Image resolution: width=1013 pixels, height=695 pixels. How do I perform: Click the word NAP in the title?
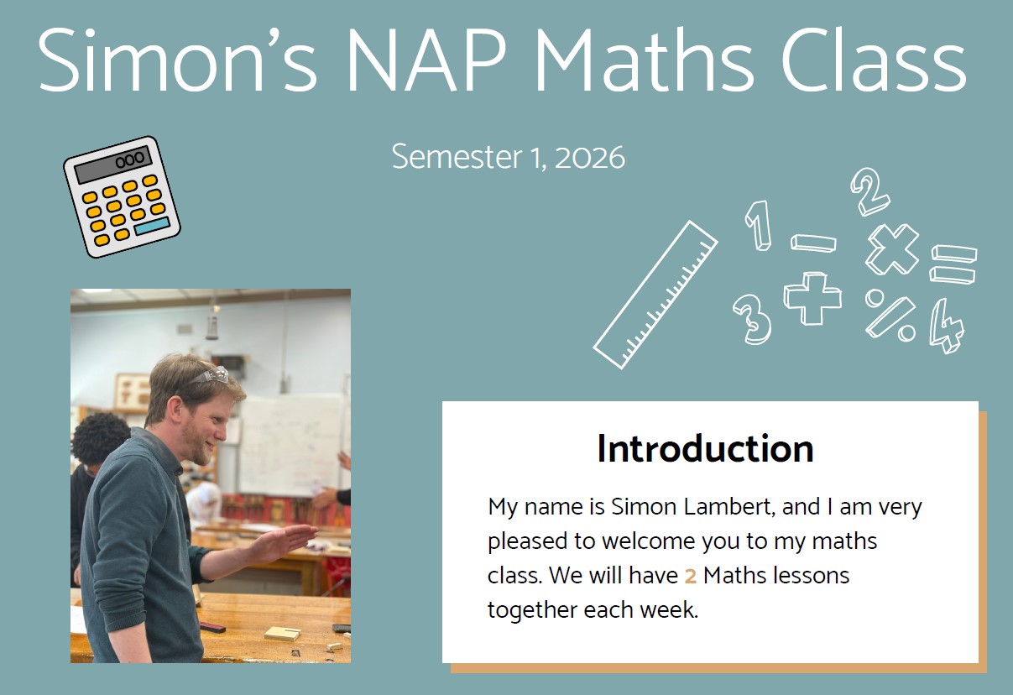pyautogui.click(x=426, y=60)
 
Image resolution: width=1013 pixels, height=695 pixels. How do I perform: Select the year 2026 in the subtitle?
pyautogui.click(x=590, y=157)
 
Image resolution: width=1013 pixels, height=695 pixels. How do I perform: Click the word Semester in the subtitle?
pyautogui.click(x=457, y=157)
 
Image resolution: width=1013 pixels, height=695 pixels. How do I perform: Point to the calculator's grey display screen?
pyautogui.click(x=113, y=164)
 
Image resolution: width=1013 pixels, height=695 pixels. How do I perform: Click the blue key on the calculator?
pyautogui.click(x=153, y=225)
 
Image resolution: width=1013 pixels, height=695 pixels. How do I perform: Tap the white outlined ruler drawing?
pyautogui.click(x=655, y=295)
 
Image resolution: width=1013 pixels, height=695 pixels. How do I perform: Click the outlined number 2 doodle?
pyautogui.click(x=869, y=191)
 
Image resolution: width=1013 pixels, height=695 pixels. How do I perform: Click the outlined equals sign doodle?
pyautogui.click(x=953, y=264)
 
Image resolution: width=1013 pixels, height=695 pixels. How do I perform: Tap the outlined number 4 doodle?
pyautogui.click(x=947, y=326)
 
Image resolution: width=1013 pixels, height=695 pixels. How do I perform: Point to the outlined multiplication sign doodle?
pyautogui.click(x=892, y=249)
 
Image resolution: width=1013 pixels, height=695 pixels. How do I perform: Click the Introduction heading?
pyautogui.click(x=705, y=448)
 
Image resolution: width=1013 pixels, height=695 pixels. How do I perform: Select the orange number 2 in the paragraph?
pyautogui.click(x=690, y=576)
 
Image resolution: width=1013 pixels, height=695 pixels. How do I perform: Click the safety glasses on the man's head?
pyautogui.click(x=211, y=375)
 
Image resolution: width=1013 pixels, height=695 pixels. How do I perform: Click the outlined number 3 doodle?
pyautogui.click(x=752, y=319)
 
